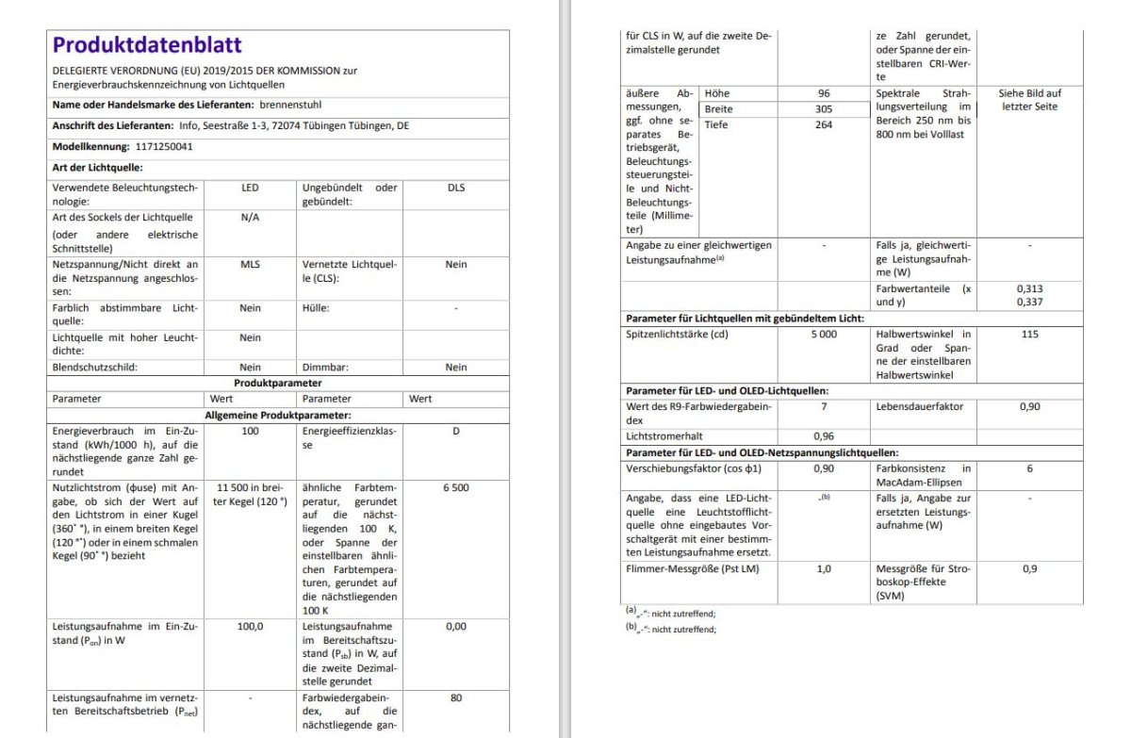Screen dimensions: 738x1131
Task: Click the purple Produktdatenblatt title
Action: [147, 44]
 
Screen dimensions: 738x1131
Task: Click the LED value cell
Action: [250, 188]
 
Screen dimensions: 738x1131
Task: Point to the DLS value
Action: [456, 188]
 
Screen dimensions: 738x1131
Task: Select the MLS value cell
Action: [250, 265]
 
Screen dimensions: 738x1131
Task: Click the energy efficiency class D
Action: [456, 432]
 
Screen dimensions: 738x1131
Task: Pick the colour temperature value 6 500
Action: [456, 487]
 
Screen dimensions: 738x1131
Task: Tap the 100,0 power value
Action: [250, 626]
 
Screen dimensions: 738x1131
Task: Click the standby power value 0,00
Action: [456, 626]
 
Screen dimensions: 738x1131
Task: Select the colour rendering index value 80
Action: [456, 698]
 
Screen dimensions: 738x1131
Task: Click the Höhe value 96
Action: [824, 93]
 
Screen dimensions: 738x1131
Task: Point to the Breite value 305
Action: [824, 109]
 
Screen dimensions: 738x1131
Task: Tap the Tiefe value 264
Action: [824, 124]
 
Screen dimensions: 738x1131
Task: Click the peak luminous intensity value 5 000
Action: [824, 335]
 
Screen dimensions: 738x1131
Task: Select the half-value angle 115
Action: [1029, 334]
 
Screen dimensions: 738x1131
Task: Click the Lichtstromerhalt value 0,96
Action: [824, 436]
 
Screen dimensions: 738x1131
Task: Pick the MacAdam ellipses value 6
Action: [1029, 468]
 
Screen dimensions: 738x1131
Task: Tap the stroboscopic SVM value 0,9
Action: [1029, 569]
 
